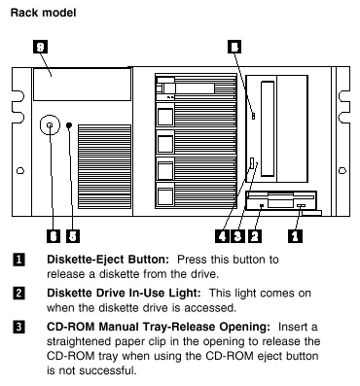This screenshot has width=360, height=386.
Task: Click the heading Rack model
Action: pyautogui.click(x=43, y=13)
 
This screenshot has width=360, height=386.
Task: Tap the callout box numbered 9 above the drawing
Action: pyautogui.click(x=40, y=47)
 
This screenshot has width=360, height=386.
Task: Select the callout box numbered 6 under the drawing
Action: pyautogui.click(x=54, y=236)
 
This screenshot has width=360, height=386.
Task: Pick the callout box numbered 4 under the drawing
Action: pyautogui.click(x=222, y=236)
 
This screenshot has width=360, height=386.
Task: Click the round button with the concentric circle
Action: pyautogui.click(x=50, y=124)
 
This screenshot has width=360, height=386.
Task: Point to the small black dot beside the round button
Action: pyautogui.click(x=69, y=125)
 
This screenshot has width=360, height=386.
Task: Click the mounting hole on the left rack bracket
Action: pyautogui.click(x=20, y=170)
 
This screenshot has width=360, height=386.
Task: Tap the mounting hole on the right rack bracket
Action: pyautogui.click(x=342, y=170)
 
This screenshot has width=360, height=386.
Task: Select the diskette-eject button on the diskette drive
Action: pyautogui.click(x=301, y=206)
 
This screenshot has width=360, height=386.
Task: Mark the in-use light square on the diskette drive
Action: pyautogui.click(x=262, y=205)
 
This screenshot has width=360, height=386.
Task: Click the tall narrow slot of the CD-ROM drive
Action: pyautogui.click(x=268, y=128)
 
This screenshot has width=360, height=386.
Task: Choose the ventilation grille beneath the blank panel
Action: pyautogui.click(x=104, y=166)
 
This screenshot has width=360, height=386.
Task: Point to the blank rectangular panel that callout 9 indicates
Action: pyautogui.click(x=83, y=85)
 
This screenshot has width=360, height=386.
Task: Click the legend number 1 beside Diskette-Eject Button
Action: pyautogui.click(x=18, y=260)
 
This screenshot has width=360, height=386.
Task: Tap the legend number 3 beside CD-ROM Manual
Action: pyautogui.click(x=18, y=327)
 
